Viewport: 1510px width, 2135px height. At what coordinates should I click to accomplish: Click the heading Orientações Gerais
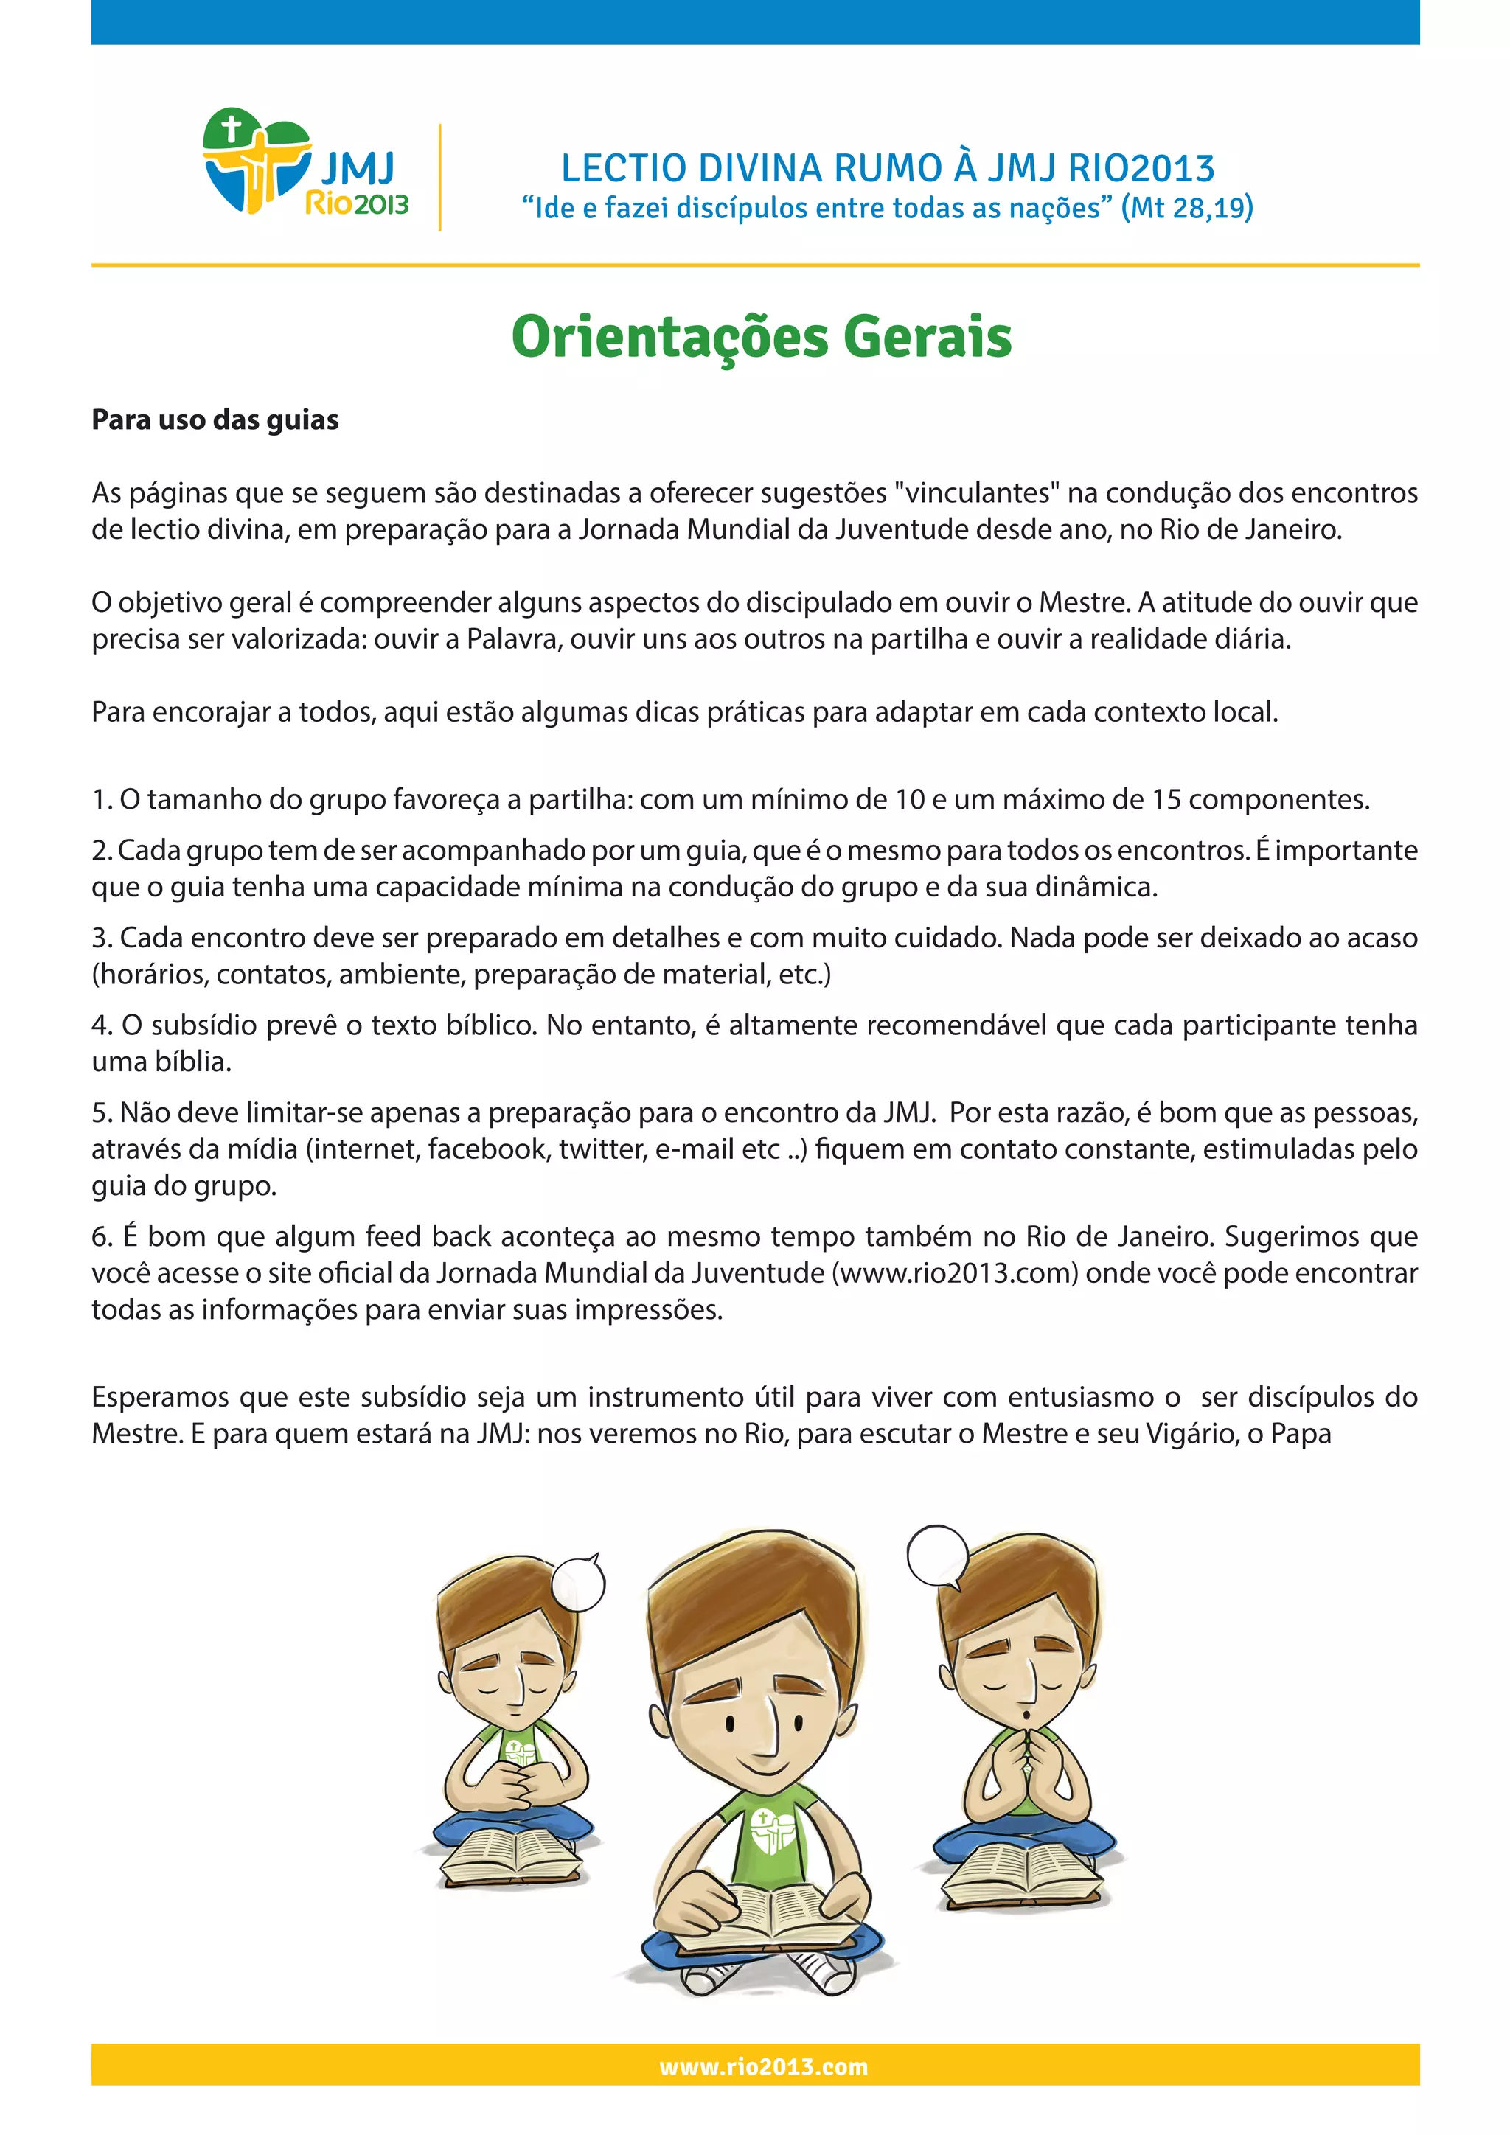coord(761,337)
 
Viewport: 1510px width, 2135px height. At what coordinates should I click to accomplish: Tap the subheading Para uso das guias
coord(215,419)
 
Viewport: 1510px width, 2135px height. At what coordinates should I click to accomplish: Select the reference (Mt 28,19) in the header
coord(1186,207)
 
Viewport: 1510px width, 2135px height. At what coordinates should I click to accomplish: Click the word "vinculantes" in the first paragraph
coord(977,493)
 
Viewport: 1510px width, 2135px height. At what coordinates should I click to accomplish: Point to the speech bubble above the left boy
coord(578,1584)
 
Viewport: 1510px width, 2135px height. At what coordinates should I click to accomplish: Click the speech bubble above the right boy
coord(937,1555)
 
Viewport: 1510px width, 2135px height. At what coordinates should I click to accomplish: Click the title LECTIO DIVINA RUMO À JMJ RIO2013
coord(887,168)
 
